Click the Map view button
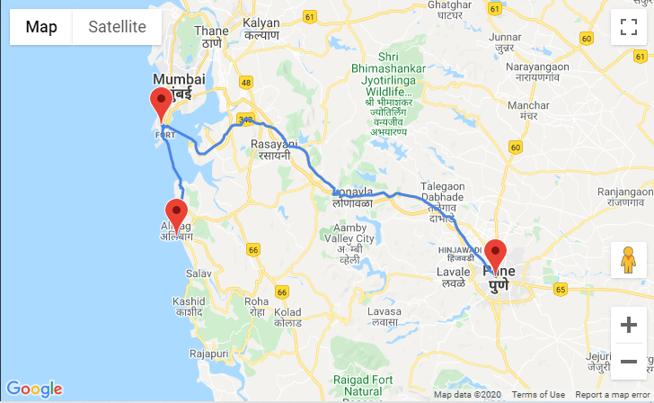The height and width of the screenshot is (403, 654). [41, 27]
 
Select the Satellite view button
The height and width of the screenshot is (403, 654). [117, 27]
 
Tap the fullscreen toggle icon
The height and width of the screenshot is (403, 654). [629, 27]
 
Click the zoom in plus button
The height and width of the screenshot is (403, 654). [629, 325]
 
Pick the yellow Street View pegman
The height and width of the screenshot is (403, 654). [629, 260]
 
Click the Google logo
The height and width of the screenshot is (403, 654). [34, 389]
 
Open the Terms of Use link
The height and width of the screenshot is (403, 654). [538, 395]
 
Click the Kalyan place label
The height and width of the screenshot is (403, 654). [261, 26]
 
